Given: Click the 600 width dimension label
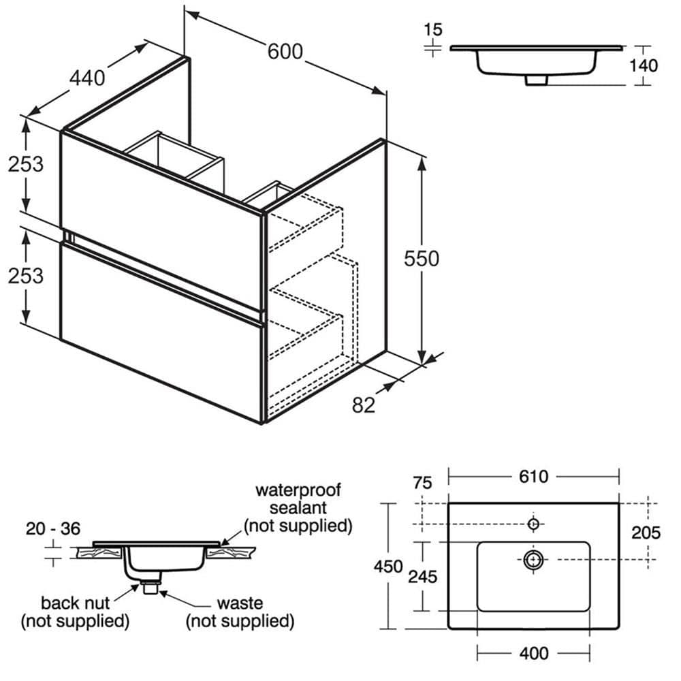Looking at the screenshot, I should (285, 52).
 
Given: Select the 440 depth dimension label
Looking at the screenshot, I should (88, 78).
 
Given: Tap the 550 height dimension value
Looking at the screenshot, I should (422, 259).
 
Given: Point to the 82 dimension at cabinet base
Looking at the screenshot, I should (364, 405).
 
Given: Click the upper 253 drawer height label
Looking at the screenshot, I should (25, 163).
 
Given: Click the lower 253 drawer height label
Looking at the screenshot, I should (25, 275).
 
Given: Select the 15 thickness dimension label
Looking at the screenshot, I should (432, 29).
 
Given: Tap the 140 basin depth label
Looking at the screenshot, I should (644, 65).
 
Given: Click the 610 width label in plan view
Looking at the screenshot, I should (533, 477).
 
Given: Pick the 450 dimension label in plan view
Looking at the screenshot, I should (388, 567).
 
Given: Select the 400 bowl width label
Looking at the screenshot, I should (533, 654).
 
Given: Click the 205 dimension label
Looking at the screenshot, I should (646, 533).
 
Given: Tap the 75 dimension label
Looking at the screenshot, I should (422, 483).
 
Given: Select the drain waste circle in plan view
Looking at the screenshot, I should (534, 560).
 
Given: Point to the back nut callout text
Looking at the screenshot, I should (75, 603).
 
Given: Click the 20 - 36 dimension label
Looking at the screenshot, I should (52, 528).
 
